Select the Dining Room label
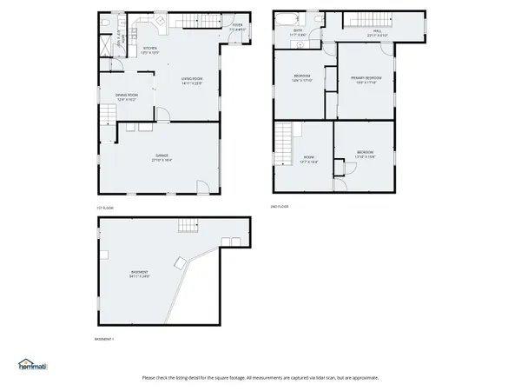(128, 97)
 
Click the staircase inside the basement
(189, 227)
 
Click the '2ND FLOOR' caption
(279, 207)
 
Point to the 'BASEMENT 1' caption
(103, 338)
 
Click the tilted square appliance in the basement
(179, 262)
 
